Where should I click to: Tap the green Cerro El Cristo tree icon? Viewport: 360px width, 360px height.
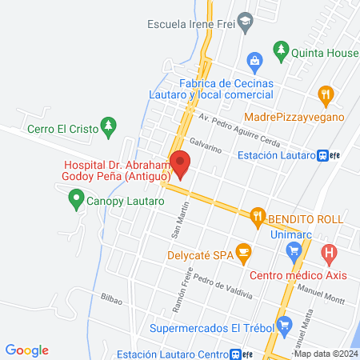pos(110,126)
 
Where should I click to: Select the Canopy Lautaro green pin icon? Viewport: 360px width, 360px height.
pos(76,196)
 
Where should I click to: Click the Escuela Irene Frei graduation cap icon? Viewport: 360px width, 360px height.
pos(246,23)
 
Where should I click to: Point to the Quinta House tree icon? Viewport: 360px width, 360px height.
pos(281,54)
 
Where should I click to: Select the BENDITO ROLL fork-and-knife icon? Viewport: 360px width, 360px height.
pos(257,215)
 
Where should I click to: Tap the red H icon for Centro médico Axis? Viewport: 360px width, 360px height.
pos(328,254)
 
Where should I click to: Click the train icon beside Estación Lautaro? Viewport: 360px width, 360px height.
pos(323,156)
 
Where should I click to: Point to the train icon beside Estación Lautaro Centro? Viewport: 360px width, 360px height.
pos(234,353)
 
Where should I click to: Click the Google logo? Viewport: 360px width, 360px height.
pos(26,350)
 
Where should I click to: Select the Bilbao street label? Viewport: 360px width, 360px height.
pos(111,299)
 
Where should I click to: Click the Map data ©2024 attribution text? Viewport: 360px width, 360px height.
pos(326,353)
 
